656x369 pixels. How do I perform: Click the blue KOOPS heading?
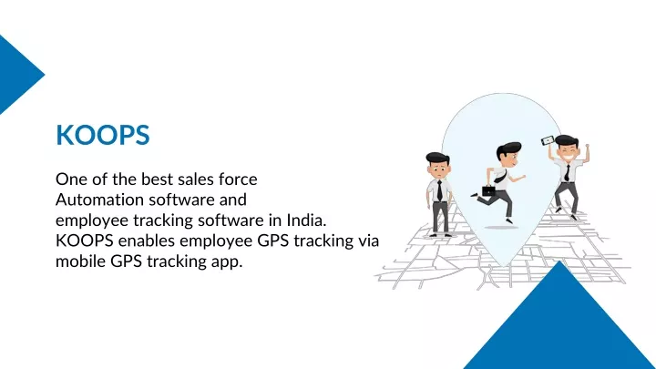pyautogui.click(x=102, y=135)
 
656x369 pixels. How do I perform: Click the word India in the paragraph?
pyautogui.click(x=306, y=220)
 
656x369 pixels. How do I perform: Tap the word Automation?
pyautogui.click(x=99, y=200)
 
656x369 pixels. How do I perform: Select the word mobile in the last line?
pyautogui.click(x=80, y=261)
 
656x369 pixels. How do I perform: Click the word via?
pyautogui.click(x=369, y=241)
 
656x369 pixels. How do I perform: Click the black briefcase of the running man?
pyautogui.click(x=488, y=190)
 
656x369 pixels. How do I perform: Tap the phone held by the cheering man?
pyautogui.click(x=548, y=140)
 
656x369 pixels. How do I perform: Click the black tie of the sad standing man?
pyautogui.click(x=439, y=190)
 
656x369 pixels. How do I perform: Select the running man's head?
pyautogui.click(x=508, y=155)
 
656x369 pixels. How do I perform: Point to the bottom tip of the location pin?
pyautogui.click(x=503, y=266)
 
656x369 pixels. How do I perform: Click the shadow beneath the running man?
pyautogui.click(x=501, y=227)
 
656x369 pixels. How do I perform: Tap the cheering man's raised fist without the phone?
pyautogui.click(x=587, y=147)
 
